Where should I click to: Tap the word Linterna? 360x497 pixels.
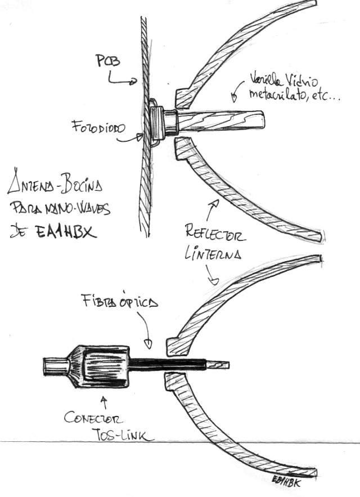click(213, 253)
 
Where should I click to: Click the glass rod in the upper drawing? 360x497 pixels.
click(225, 120)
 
